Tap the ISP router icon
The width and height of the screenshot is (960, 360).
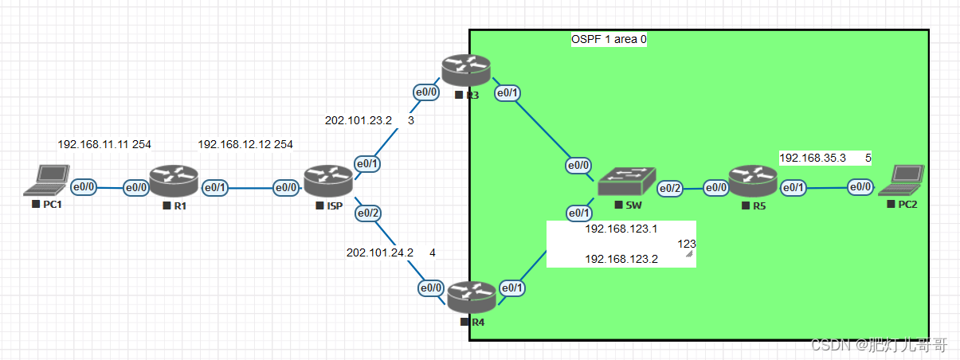[x=328, y=182]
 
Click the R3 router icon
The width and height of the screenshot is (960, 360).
[x=468, y=71]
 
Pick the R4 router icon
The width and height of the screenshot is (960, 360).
[x=472, y=297]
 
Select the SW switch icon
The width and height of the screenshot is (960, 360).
[x=627, y=182]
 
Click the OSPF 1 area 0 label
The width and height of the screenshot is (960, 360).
[x=608, y=39]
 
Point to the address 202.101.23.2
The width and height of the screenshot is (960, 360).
[x=359, y=121]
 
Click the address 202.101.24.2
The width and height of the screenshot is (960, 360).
[x=379, y=252]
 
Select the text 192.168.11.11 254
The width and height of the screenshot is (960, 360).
[x=104, y=144]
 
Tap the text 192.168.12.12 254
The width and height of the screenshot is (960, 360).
[x=245, y=144]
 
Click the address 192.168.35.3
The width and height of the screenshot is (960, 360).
[x=812, y=158]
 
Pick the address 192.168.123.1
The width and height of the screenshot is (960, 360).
[x=621, y=229]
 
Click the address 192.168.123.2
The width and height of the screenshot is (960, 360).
[x=621, y=259]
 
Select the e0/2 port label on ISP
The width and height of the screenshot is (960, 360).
[x=367, y=213]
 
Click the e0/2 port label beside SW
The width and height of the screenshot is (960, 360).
[x=669, y=189]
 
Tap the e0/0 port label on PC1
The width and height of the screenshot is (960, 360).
[x=84, y=188]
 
